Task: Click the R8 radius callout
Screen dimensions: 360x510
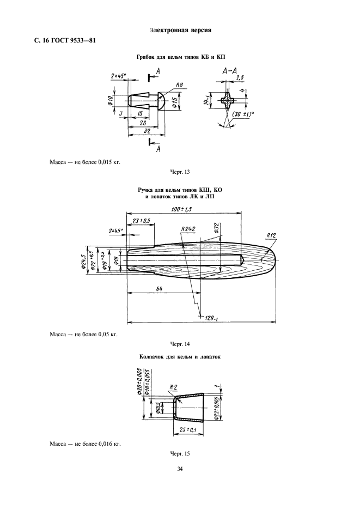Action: [180, 85]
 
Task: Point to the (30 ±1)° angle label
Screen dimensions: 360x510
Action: [243, 114]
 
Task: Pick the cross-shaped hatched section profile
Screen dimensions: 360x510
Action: [229, 100]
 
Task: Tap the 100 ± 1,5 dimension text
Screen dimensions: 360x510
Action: [182, 209]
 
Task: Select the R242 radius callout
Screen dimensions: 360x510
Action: [188, 229]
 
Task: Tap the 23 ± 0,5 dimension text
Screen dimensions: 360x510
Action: [141, 221]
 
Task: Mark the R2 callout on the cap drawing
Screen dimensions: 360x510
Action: [173, 387]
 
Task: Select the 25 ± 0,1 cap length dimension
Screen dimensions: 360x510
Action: [188, 430]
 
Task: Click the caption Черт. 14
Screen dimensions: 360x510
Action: [180, 344]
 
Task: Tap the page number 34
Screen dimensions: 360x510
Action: [180, 469]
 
